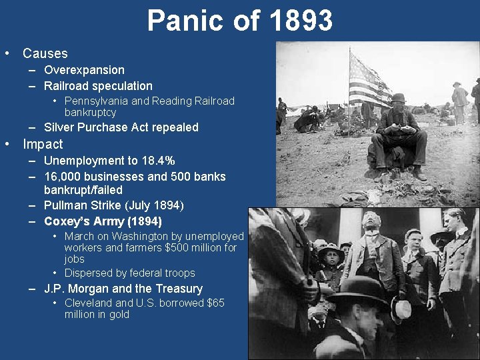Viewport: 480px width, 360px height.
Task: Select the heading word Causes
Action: click(45, 53)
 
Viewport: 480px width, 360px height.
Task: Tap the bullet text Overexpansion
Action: click(84, 70)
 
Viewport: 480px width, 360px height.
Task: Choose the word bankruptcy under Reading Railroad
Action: click(90, 113)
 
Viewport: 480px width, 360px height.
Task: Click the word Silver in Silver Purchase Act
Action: click(58, 127)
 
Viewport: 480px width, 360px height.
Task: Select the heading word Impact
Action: click(43, 144)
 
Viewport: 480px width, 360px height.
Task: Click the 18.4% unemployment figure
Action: click(157, 161)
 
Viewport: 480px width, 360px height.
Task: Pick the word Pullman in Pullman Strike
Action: click(65, 205)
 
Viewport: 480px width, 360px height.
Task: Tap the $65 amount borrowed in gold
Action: click(215, 303)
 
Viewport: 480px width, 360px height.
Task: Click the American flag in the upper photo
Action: click(368, 80)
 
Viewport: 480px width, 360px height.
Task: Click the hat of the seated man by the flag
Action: click(398, 98)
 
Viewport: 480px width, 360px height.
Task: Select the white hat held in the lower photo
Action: click(402, 309)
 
